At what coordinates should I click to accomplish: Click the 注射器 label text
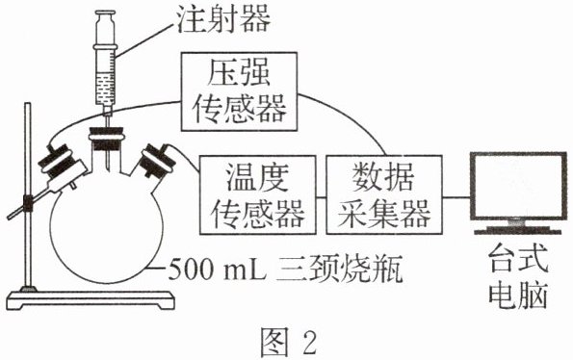coord(223,19)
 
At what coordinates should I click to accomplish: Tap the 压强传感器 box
coord(239,91)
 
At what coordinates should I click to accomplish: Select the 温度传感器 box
coord(258,195)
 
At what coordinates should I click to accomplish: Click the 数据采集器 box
coord(383,195)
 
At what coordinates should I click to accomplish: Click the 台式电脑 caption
coord(518,276)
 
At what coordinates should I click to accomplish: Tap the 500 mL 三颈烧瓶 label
coord(285,270)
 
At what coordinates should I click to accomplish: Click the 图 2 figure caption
coord(288,342)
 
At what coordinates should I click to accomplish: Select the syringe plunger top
coord(105,14)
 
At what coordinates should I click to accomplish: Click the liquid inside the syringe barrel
coord(105,89)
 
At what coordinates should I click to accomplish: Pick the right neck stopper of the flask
coord(158,161)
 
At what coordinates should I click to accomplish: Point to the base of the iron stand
coord(91,300)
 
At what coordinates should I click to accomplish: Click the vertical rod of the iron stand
coord(28,196)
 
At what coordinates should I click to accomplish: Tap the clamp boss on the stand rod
coord(28,203)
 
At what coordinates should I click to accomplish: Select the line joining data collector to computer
coord(456,197)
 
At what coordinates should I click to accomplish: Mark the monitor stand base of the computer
coord(518,230)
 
